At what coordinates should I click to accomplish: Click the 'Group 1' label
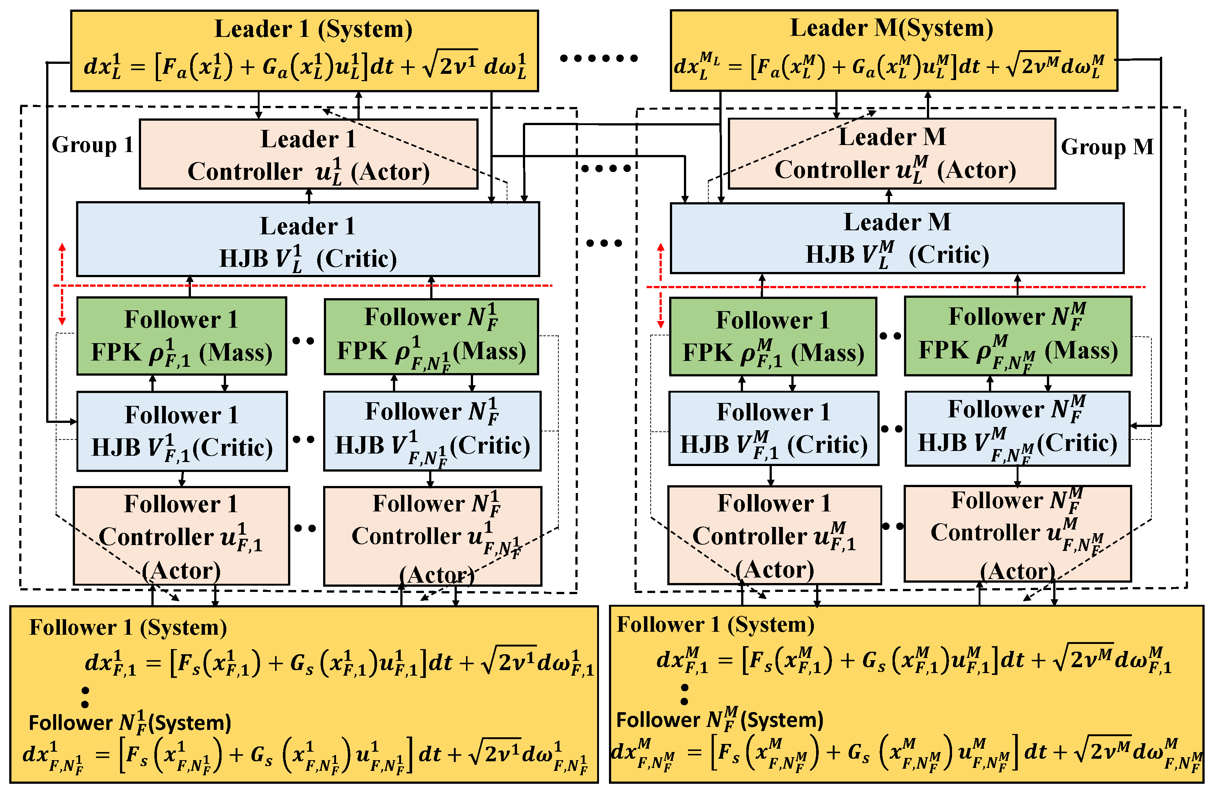(93, 145)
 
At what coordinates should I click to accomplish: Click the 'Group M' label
(1107, 147)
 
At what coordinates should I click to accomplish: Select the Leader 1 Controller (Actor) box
(308, 154)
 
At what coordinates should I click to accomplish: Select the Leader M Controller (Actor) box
(891, 153)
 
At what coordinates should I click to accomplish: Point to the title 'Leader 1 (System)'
(313, 28)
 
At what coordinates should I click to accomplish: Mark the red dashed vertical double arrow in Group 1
(62, 284)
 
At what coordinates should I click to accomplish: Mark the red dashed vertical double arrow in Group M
(661, 285)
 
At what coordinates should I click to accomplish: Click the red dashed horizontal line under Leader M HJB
(896, 287)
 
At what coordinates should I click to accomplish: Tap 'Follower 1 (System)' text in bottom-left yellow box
(128, 627)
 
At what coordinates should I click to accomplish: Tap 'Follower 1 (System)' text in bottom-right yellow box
(715, 624)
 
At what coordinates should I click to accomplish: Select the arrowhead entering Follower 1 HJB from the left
(73, 421)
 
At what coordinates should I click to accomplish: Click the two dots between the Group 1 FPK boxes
(304, 341)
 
